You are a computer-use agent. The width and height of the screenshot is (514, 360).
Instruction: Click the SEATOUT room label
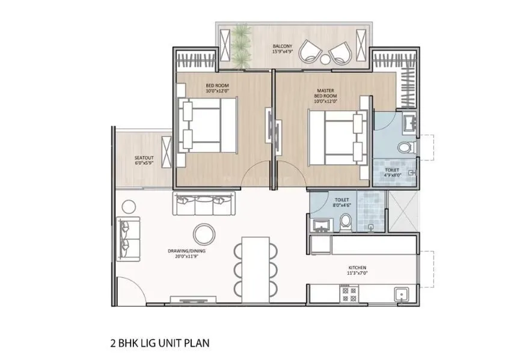click(144, 161)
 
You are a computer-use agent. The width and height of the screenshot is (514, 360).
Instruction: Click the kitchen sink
click(401, 294)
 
